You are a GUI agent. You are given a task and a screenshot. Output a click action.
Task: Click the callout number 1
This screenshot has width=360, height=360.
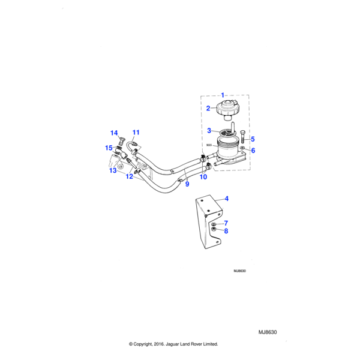tap(223, 95)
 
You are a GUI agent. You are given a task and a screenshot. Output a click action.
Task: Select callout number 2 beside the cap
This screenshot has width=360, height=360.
tap(208, 109)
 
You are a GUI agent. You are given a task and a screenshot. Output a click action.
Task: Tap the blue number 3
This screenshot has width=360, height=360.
tap(209, 130)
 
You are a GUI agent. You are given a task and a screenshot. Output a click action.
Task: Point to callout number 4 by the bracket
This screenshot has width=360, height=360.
tap(226, 199)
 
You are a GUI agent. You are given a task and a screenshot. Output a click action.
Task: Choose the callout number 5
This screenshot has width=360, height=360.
tap(252, 139)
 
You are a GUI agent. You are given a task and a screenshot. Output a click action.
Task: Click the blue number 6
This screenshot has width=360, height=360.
tap(253, 151)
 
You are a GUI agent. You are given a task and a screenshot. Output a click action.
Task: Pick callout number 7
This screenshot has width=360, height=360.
tap(226, 223)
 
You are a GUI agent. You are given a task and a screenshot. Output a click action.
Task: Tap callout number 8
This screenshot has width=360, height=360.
tap(226, 231)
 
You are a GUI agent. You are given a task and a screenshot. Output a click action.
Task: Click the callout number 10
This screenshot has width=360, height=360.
tap(203, 177)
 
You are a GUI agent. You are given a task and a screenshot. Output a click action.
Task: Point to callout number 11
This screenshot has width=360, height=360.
tap(136, 132)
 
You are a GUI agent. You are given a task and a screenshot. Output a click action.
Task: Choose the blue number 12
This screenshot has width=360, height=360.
tap(129, 176)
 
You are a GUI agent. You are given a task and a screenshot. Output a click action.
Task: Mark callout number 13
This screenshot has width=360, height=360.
tap(112, 170)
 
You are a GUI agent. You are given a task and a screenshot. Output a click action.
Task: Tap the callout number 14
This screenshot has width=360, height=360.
tap(114, 133)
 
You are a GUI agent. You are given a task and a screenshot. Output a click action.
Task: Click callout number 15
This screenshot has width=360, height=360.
tap(109, 148)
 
